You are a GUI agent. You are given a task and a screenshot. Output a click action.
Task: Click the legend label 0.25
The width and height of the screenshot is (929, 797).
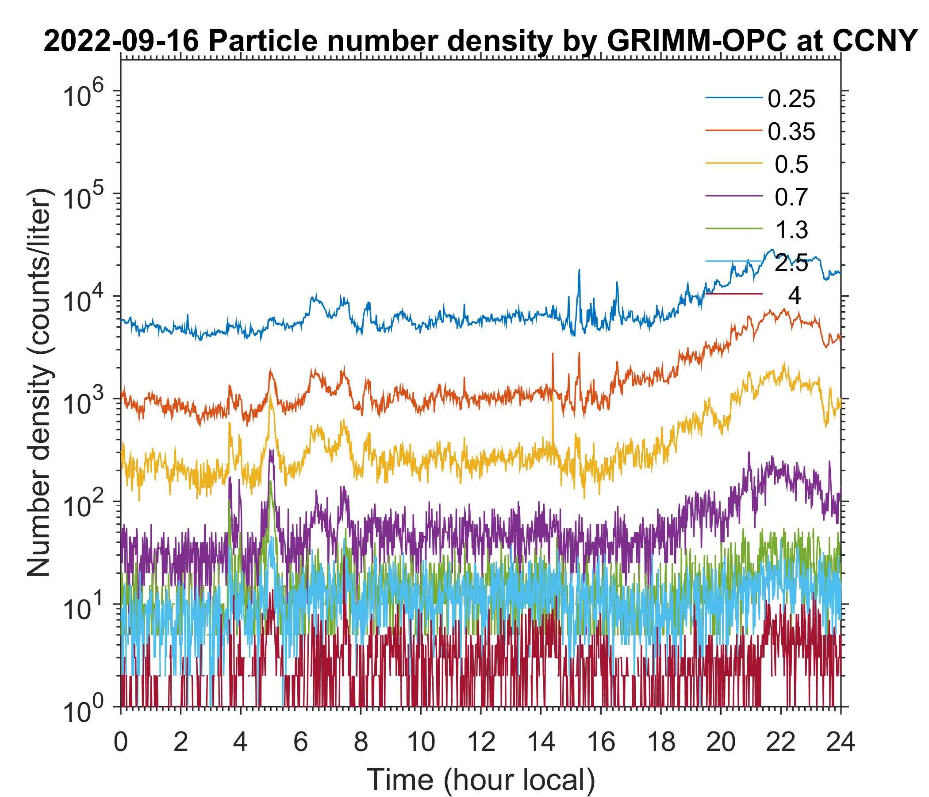click(791, 99)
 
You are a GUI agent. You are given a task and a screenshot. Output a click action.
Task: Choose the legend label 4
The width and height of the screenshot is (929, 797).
click(794, 296)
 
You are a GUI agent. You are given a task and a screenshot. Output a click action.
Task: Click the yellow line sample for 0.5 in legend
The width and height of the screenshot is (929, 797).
click(734, 165)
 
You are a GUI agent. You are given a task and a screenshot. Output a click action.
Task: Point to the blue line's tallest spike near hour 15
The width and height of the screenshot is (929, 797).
click(579, 271)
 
